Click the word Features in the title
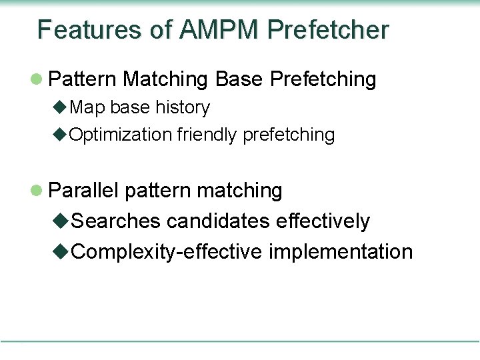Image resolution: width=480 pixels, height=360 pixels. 89,30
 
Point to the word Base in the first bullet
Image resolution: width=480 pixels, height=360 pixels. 239,79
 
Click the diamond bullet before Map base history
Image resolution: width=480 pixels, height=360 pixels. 59,107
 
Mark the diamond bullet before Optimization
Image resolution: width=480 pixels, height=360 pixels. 59,135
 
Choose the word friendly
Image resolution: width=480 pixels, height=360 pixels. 207,135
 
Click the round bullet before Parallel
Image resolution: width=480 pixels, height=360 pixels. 38,191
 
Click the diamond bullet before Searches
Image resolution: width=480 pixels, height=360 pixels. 61,221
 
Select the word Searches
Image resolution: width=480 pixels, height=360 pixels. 116,221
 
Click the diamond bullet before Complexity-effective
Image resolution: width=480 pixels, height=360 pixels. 61,252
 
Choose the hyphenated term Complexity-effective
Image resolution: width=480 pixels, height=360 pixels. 167,252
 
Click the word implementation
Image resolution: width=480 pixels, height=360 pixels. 341,252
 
